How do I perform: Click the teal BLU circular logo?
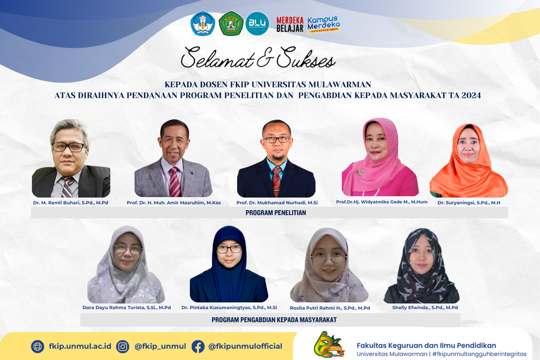click(x=257, y=24)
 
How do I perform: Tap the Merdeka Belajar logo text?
click(x=290, y=25)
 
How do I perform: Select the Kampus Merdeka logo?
click(x=323, y=24)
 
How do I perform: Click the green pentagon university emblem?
click(x=231, y=24)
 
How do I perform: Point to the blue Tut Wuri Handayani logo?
click(x=203, y=24)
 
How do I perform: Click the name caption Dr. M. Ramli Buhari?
click(x=70, y=203)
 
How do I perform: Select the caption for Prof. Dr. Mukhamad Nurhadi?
click(x=277, y=203)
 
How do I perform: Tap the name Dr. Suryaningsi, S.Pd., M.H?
click(x=469, y=203)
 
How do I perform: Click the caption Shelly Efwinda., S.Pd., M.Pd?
click(x=425, y=308)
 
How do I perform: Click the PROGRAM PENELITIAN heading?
click(x=276, y=212)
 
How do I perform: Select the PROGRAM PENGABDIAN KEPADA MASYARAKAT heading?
click(x=274, y=320)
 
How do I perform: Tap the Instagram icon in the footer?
click(x=122, y=346)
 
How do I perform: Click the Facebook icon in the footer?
click(x=198, y=346)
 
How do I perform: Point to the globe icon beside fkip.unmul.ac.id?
click(x=38, y=346)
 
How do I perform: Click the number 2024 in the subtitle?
click(x=471, y=96)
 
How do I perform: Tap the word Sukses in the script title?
click(x=305, y=58)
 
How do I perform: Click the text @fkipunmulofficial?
click(x=245, y=346)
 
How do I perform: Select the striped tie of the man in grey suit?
click(x=174, y=182)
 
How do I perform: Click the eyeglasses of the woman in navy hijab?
click(x=229, y=249)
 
